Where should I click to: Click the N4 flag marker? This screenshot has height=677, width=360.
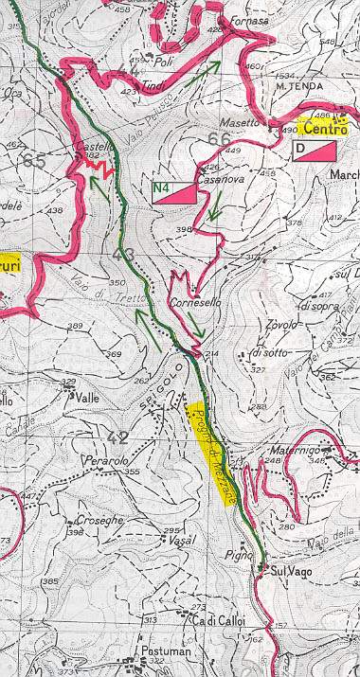[174, 193]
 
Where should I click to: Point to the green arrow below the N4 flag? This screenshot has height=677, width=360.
[216, 206]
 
